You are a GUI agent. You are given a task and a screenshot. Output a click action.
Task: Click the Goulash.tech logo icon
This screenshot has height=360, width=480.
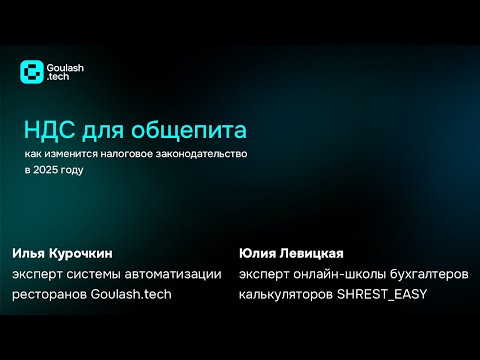(x=33, y=72)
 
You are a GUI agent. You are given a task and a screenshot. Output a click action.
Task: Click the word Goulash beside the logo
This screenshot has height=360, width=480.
(x=68, y=67)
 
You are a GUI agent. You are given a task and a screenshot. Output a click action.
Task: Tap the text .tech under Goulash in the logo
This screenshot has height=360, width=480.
(x=62, y=78)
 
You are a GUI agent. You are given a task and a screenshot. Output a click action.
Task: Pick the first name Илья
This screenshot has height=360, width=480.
(x=30, y=253)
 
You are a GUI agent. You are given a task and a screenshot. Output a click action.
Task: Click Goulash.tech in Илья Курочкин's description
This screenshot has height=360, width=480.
(x=132, y=295)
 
